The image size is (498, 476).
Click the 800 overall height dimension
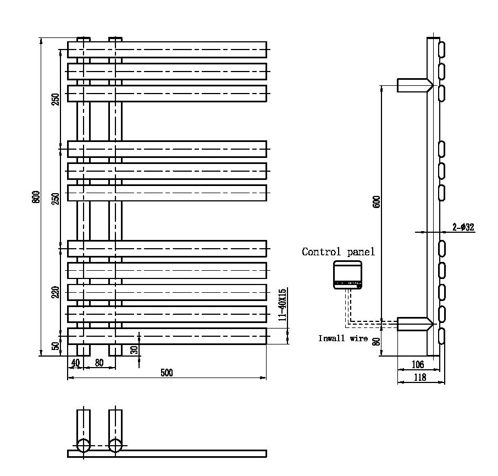tap(36, 196)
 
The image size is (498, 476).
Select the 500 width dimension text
tap(167, 373)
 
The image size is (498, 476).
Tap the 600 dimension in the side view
tap(377, 201)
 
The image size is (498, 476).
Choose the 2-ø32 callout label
tap(463, 227)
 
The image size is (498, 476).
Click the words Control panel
tap(338, 252)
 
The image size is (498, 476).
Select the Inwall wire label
tap(343, 338)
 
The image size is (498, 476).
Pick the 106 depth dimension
tap(418, 364)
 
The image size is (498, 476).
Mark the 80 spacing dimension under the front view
tap(99, 362)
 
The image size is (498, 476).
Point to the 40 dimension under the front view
tap(75, 362)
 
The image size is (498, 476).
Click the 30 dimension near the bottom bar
tap(134, 349)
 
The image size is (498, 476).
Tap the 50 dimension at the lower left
tap(55, 346)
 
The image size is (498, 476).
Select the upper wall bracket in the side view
tap(413, 85)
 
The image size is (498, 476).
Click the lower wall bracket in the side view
tap(413, 324)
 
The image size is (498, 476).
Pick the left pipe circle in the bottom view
tap(83, 445)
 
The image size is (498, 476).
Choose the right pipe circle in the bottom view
tap(115, 445)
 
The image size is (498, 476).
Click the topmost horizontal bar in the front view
tap(167, 50)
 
